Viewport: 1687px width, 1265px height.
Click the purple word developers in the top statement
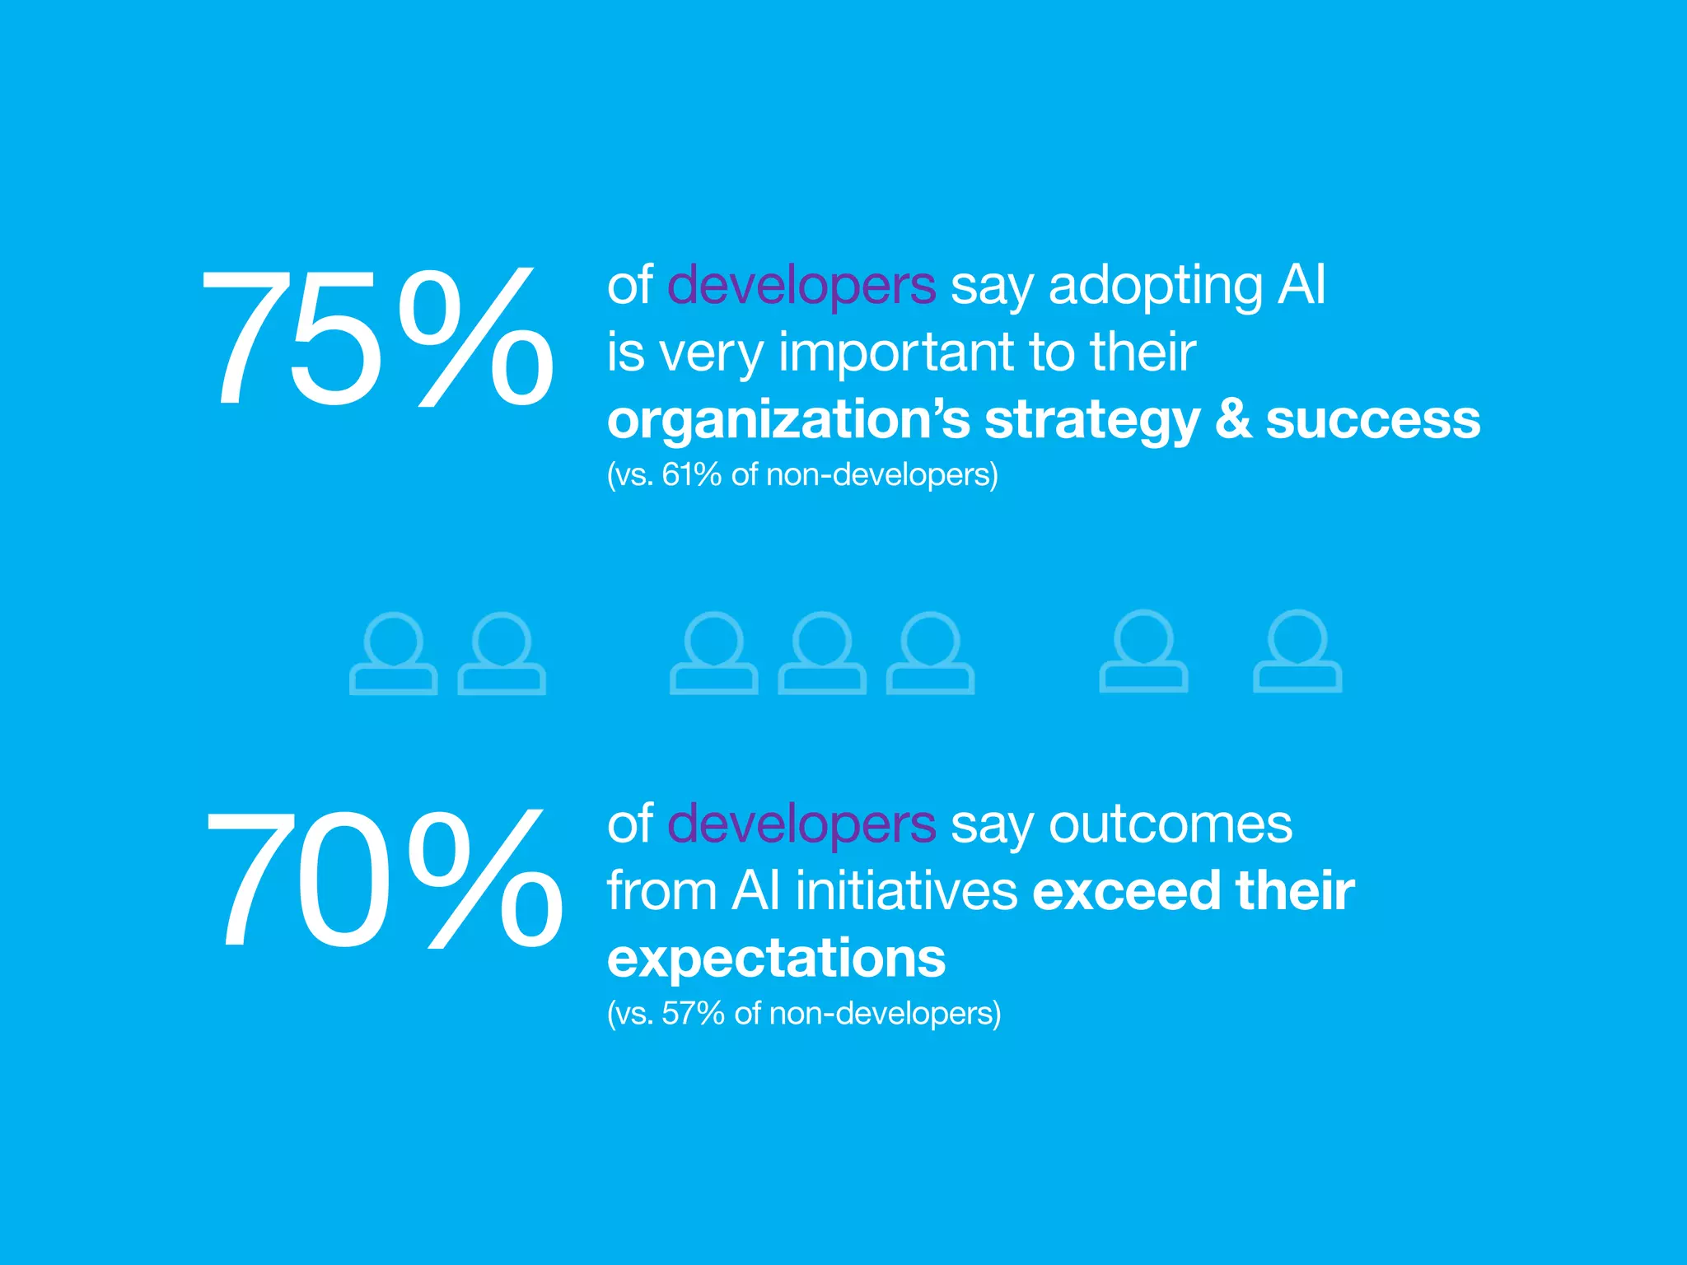pyautogui.click(x=801, y=285)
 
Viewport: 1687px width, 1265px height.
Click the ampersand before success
pyautogui.click(x=1232, y=419)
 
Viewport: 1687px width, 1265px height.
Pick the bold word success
pyautogui.click(x=1372, y=420)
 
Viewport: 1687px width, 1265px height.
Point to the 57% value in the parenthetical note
pyautogui.click(x=693, y=1013)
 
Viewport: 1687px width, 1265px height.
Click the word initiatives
pyautogui.click(x=906, y=891)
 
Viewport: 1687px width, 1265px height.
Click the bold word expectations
pyautogui.click(x=776, y=959)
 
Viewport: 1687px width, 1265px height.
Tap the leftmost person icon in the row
pyautogui.click(x=394, y=653)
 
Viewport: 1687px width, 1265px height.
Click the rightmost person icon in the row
pyautogui.click(x=1297, y=651)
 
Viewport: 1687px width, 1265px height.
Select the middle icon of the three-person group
pyautogui.click(x=822, y=653)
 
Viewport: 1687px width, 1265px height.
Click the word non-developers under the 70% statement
pyautogui.click(x=885, y=1013)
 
